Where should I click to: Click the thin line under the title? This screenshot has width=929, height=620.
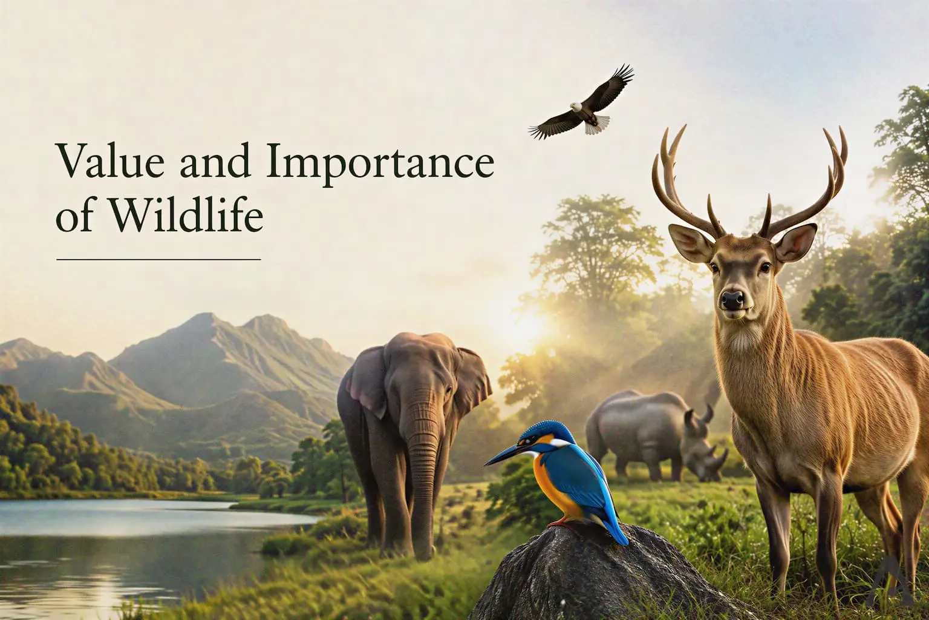click(158, 259)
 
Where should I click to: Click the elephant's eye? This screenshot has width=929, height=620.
click(448, 389)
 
